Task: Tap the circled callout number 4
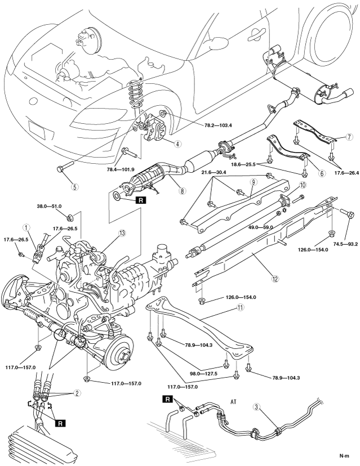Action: [177, 144]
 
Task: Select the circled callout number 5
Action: [75, 187]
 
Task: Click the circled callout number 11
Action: [241, 308]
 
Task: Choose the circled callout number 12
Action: [275, 279]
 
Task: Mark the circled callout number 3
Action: [256, 406]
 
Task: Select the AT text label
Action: [234, 401]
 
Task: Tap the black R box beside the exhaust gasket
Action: [141, 200]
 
